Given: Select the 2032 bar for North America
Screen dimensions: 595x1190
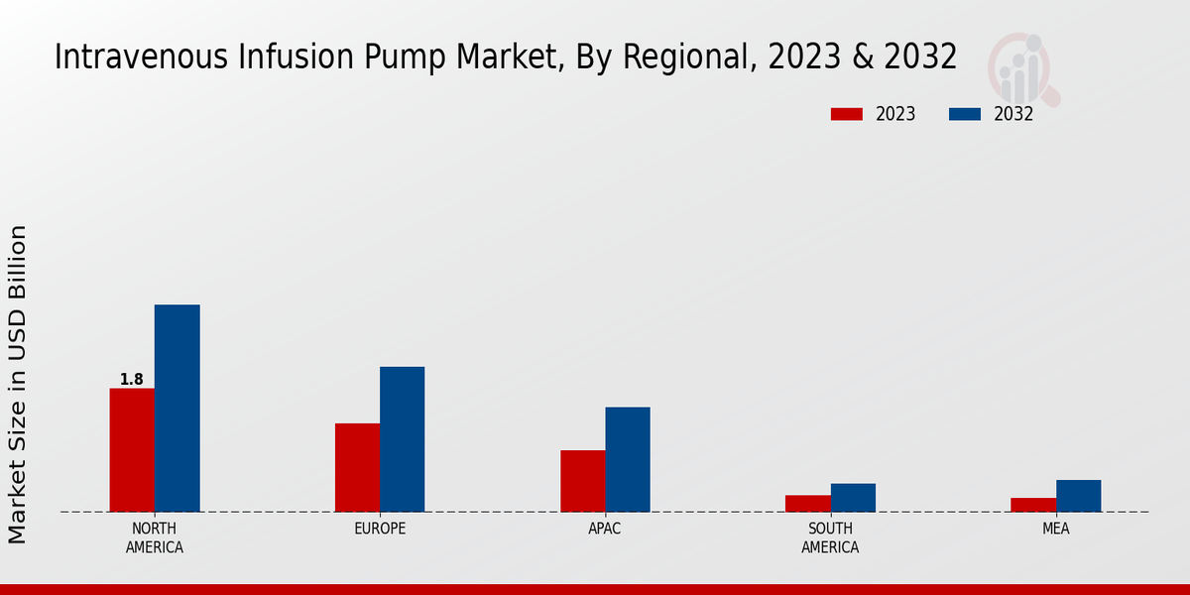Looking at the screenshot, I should [177, 408].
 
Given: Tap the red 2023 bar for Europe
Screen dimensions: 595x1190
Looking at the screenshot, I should [357, 467].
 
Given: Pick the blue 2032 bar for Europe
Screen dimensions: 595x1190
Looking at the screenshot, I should [402, 439].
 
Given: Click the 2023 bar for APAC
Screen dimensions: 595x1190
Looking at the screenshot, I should [582, 481].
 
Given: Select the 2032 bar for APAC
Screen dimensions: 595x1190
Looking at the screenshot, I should [628, 459].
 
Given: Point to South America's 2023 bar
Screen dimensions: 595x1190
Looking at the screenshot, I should [807, 503].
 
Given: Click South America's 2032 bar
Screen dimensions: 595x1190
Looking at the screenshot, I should [853, 497].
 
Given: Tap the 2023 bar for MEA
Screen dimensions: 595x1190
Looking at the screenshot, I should [1033, 505].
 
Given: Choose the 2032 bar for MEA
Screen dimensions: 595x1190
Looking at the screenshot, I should [1078, 496].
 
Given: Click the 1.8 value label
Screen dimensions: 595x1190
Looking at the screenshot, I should [132, 380].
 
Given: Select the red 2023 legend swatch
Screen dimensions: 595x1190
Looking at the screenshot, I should [847, 114].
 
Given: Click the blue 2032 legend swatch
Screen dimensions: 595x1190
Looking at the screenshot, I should [965, 114].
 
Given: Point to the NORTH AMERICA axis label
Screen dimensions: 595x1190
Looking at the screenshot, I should [155, 537].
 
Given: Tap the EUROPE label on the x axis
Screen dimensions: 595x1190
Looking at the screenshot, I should [380, 529].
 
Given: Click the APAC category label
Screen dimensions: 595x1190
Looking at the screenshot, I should [605, 529].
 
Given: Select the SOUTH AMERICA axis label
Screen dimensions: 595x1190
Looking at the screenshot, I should [830, 537].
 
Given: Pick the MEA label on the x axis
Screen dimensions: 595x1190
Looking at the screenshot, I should [1055, 529].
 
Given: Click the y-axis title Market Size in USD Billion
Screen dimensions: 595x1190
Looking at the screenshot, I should [18, 384].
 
